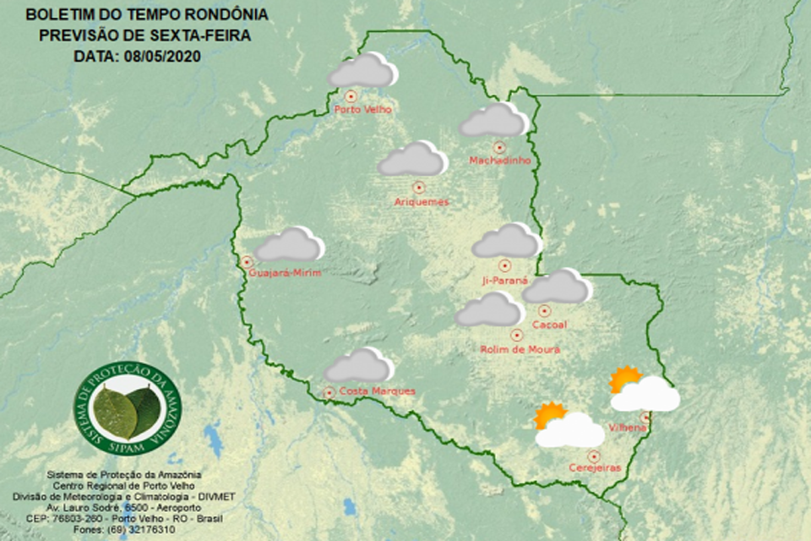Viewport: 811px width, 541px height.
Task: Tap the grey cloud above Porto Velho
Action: click(362, 71)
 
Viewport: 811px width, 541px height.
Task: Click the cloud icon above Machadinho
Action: click(493, 121)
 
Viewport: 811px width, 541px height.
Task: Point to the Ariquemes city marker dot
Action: click(417, 187)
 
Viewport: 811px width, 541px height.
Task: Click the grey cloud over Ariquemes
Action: click(412, 160)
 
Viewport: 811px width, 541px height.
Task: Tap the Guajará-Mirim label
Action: click(285, 272)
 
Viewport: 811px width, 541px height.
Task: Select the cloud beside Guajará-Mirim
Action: click(290, 245)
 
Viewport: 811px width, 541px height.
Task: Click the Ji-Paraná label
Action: click(504, 280)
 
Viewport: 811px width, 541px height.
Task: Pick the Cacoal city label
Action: click(549, 325)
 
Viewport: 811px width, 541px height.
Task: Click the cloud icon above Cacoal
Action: click(556, 287)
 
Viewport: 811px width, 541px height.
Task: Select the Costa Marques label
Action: click(376, 391)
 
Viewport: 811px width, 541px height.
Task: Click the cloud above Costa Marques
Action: click(359, 366)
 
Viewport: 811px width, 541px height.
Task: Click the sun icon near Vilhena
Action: click(625, 379)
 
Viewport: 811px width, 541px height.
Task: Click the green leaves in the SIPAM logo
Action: click(127, 409)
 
